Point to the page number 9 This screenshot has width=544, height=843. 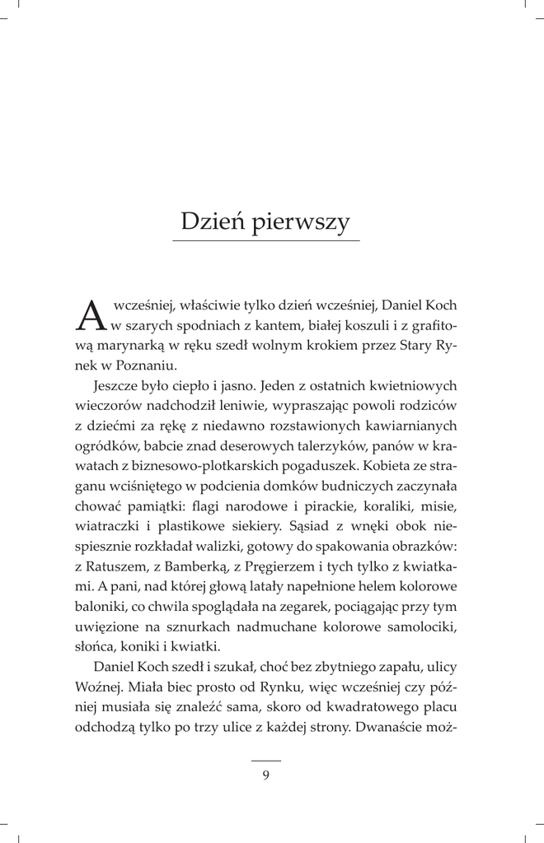(265, 774)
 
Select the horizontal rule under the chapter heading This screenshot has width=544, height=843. (265, 240)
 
